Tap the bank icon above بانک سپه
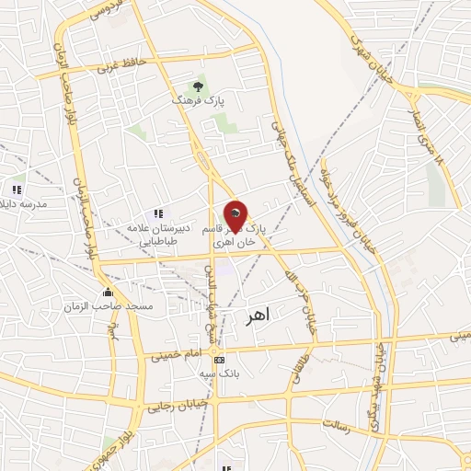pyautogui.click(x=219, y=360)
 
